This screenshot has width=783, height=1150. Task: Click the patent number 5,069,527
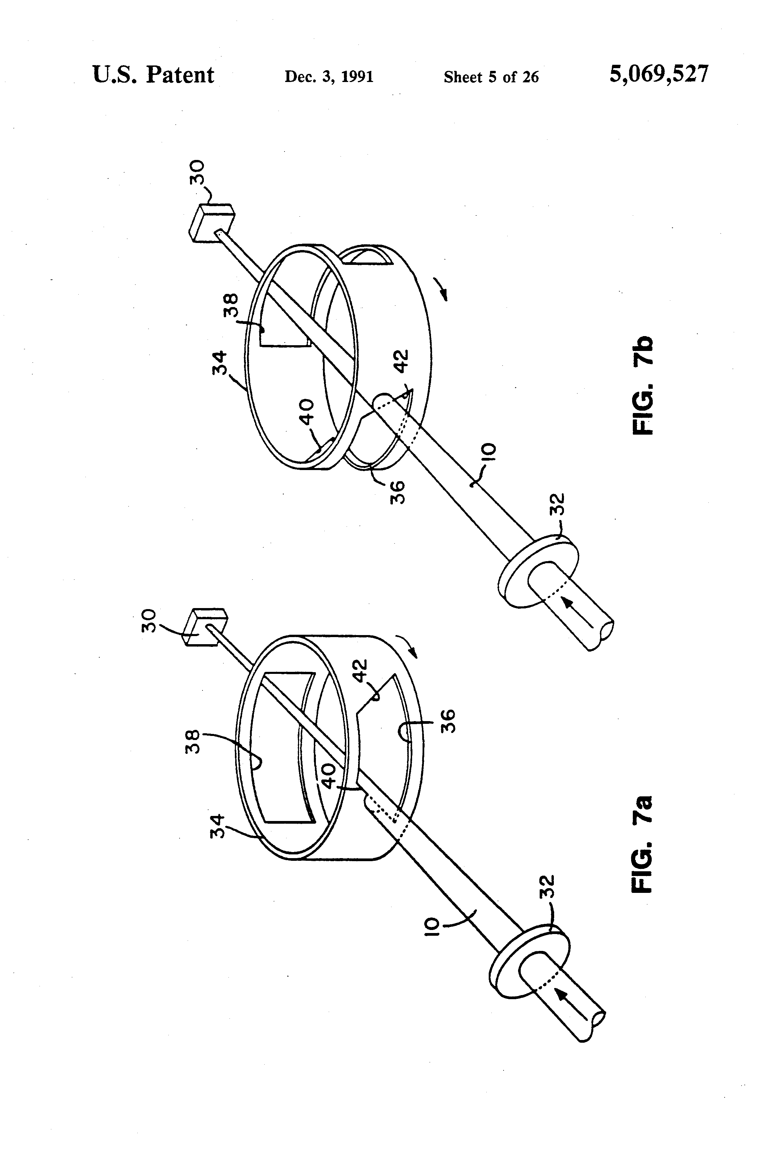pos(658,74)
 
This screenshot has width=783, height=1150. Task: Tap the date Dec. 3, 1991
pos(329,77)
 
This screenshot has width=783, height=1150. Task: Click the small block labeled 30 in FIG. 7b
pos(212,223)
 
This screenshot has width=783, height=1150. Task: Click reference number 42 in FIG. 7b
pos(403,361)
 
